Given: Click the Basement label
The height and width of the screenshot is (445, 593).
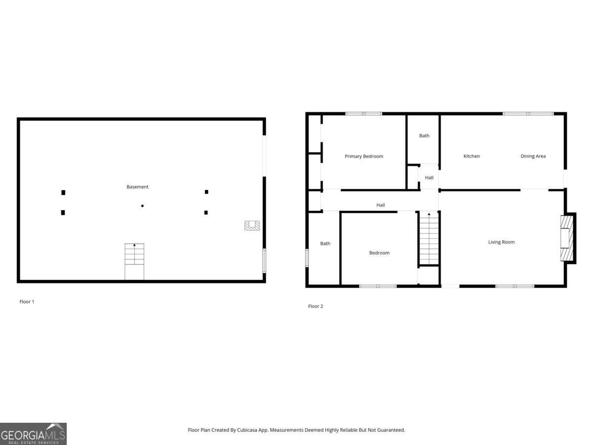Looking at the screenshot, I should tap(137, 187).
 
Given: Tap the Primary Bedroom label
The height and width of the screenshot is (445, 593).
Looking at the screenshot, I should tap(364, 156).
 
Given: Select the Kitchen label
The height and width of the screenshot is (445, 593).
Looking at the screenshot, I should tap(471, 156).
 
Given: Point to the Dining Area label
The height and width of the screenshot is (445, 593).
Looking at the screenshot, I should tap(533, 156).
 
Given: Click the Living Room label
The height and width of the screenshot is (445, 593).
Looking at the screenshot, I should tap(501, 242).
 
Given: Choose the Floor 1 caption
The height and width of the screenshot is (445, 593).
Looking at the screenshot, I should tap(27, 302).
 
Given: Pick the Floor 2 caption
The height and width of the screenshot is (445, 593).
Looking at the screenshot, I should tap(315, 307).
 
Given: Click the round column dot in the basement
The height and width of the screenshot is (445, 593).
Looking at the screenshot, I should tap(142, 206).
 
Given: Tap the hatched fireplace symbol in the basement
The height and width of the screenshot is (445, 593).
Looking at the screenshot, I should tap(252, 225).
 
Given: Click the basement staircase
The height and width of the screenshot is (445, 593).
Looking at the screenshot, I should tap(134, 261).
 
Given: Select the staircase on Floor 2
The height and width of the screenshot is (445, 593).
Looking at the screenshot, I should tap(429, 238).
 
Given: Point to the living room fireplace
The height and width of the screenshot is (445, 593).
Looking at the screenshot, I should tap(567, 238).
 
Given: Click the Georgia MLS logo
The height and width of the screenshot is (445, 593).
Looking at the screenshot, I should tap(33, 434).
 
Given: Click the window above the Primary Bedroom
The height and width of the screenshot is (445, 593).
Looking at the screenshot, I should tap(364, 114).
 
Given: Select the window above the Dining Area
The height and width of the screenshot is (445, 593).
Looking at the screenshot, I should tap(528, 114).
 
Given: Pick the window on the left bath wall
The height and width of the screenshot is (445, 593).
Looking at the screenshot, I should tap(307, 258).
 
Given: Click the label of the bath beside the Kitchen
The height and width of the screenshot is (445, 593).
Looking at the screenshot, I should tap(424, 135).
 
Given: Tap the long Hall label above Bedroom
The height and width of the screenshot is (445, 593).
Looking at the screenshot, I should tap(381, 205).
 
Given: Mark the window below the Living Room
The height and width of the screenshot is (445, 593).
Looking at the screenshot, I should tap(515, 286).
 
